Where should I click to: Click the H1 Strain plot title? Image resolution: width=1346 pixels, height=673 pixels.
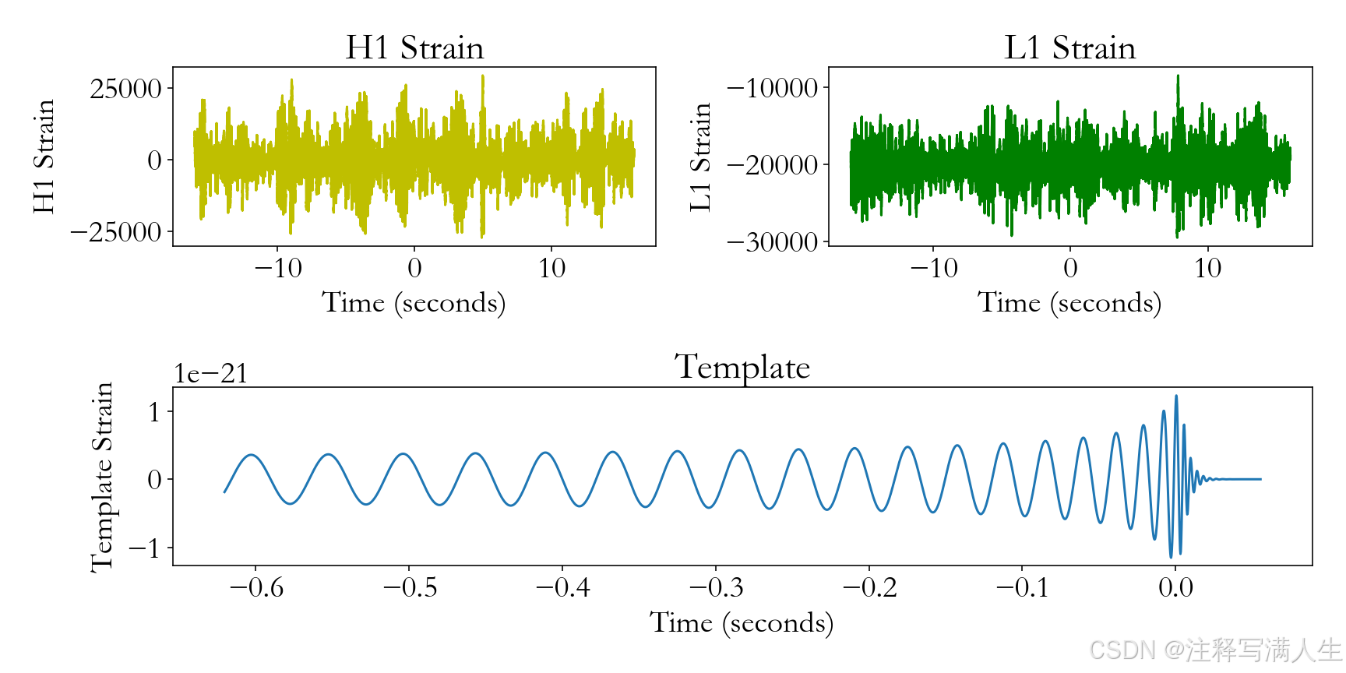point(414,48)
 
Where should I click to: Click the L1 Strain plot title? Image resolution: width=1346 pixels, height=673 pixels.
point(1069,48)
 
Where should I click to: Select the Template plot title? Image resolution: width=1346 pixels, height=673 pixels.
point(742,368)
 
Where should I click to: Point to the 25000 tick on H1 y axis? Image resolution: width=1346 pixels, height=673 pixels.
point(125,89)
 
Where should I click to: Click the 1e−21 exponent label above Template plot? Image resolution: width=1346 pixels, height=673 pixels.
point(210,374)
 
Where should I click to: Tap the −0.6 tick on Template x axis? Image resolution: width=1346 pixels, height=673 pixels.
point(256,587)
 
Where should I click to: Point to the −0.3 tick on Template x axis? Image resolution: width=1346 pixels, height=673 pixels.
point(716,587)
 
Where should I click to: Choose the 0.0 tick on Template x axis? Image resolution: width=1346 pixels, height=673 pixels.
point(1175,587)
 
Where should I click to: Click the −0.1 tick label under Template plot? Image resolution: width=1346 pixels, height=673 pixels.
point(1022,587)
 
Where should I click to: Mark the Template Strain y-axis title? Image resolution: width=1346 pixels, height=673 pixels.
point(102,477)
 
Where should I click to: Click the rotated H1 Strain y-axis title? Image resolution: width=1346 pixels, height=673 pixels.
point(44,156)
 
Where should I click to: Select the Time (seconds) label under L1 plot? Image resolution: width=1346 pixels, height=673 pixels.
point(1069,302)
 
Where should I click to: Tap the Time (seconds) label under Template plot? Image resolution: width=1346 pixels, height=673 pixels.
point(742,622)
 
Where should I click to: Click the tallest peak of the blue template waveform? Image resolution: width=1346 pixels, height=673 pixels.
point(1176,397)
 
